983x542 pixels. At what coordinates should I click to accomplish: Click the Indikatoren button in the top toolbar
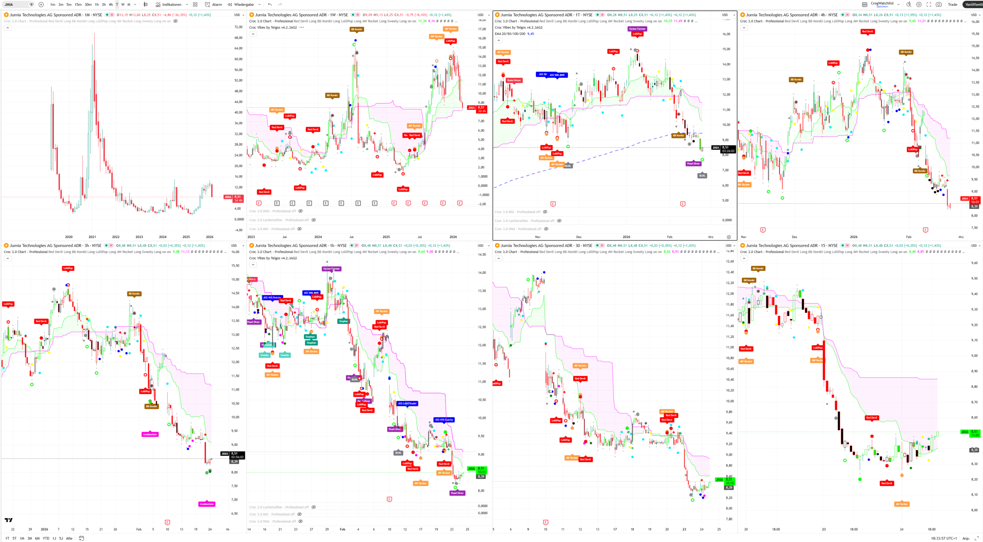[x=169, y=5]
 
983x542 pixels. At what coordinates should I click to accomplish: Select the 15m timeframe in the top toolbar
[x=78, y=5]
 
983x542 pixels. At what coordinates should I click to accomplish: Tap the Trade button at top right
[x=952, y=5]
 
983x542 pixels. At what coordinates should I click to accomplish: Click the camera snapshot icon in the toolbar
[x=939, y=5]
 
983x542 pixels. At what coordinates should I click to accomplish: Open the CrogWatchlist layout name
[x=882, y=4]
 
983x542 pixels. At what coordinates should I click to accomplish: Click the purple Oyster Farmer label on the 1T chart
[x=637, y=29]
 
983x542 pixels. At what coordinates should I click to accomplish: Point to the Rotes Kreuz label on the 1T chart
[x=514, y=80]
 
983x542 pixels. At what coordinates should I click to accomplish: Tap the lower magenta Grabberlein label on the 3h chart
[x=206, y=504]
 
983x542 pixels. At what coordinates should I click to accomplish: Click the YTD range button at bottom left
[x=46, y=538]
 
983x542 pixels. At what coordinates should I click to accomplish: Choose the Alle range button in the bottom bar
[x=69, y=538]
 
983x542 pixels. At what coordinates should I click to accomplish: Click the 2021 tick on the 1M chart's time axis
[x=92, y=237]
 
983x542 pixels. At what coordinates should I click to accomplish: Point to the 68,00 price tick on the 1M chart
[x=238, y=38]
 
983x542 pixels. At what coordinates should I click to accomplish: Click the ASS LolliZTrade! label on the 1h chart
[x=407, y=404]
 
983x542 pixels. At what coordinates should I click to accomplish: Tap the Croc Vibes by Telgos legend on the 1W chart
[x=273, y=28]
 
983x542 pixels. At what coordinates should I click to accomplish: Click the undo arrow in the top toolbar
[x=270, y=5]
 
